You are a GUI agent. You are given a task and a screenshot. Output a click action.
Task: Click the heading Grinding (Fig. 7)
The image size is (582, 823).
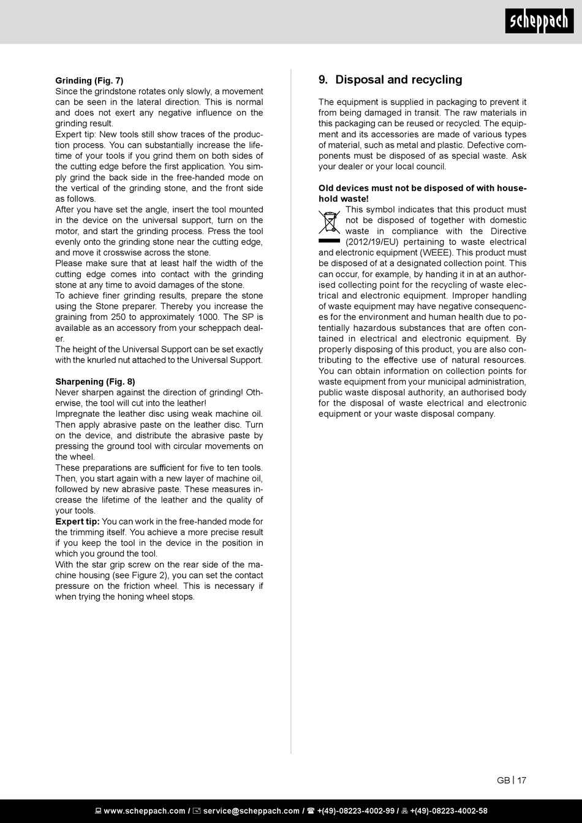89,80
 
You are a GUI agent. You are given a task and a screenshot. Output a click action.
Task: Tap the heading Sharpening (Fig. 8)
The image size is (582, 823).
95,382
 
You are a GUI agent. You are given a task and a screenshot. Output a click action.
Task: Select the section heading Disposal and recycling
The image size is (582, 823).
399,80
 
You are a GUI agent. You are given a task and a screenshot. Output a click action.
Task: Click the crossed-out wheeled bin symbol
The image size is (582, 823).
329,222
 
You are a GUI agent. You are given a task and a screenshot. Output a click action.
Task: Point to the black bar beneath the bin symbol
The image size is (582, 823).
329,241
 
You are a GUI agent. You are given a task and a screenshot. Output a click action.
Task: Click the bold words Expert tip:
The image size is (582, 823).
77,521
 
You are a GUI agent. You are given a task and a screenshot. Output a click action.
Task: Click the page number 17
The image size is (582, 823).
521,780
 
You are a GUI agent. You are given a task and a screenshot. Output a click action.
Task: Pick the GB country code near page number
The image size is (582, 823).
503,780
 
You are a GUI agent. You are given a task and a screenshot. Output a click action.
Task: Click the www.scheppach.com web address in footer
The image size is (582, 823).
144,811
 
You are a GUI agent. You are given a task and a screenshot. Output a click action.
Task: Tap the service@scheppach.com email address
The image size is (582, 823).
251,811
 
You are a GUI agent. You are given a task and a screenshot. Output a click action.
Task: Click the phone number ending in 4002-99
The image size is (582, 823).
355,811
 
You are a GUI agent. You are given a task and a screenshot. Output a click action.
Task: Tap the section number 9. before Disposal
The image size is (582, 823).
323,80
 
